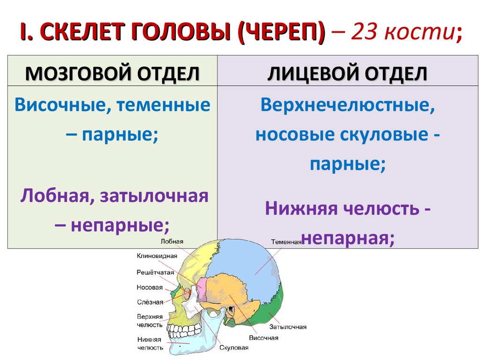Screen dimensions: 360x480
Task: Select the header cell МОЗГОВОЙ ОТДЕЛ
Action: [x=112, y=74]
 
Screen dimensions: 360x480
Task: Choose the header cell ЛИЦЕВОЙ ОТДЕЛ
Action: [x=347, y=74]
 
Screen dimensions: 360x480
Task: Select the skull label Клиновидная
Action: [x=157, y=256]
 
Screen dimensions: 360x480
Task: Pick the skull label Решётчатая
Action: [x=155, y=272]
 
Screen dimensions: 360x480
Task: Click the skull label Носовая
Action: [x=150, y=287]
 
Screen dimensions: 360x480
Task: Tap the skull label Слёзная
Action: [x=150, y=302]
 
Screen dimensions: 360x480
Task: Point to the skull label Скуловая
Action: [x=233, y=348]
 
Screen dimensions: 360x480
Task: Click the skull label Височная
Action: [x=263, y=337]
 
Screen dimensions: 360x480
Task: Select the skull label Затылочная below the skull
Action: [x=288, y=327]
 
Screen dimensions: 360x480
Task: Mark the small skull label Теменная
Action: [x=286, y=242]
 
